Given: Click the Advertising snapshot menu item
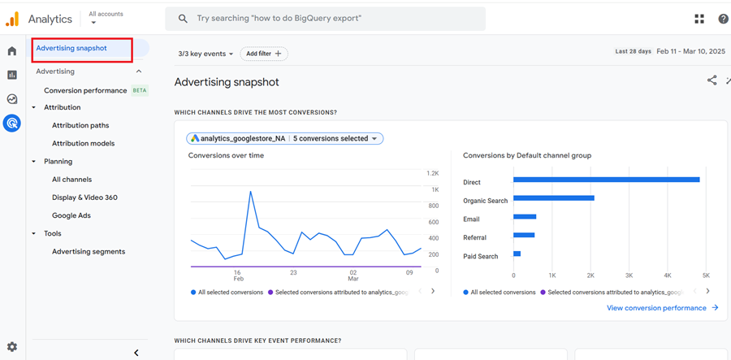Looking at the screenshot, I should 71,48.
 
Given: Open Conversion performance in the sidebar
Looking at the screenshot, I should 85,90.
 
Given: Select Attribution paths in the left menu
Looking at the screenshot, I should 80,125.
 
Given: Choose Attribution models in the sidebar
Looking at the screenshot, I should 83,143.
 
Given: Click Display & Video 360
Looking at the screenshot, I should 84,197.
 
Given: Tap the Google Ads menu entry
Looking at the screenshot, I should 71,215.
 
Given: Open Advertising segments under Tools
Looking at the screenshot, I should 89,251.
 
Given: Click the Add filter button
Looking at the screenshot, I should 264,54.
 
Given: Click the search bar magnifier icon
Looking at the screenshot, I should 183,18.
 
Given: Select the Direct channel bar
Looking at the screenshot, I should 606,180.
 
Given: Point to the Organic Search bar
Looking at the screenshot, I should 553,197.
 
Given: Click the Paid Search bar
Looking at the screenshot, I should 517,254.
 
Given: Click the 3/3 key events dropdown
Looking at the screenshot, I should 205,54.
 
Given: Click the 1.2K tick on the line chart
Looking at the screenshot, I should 432,173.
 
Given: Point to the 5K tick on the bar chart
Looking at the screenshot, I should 706,275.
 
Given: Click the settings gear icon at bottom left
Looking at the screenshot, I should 12,347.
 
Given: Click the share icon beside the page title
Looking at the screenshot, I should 712,80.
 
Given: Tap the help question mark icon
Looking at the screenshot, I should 723,19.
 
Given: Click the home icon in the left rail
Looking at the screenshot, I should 12,51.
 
